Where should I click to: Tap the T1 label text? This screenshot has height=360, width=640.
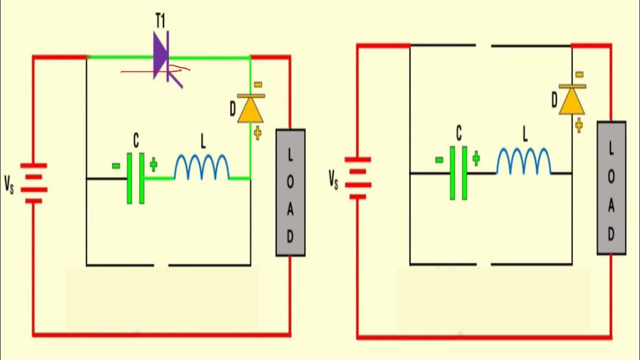pos(160,21)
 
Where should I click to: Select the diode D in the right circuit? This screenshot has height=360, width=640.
pos(572,100)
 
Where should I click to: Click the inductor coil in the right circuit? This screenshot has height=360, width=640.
pos(523,161)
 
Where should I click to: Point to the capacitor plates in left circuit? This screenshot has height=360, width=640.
pos(135,178)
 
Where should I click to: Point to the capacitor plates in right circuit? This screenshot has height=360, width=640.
pos(458,173)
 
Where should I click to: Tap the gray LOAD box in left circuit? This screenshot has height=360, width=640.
pos(290,192)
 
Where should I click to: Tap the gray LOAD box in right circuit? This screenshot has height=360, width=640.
pos(611,187)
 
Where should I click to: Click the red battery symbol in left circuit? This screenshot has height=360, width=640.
pos(34,183)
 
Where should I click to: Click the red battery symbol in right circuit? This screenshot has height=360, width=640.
pos(357,178)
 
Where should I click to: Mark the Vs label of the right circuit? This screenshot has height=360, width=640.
pos(333,178)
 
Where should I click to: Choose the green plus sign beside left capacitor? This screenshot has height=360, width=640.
pos(153,165)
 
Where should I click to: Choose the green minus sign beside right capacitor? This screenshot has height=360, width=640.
pos(439,160)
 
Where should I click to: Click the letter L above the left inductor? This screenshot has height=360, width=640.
pos(203,142)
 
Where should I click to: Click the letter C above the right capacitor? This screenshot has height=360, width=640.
pos(458,133)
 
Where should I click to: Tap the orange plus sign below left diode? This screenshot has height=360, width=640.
pos(257,133)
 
